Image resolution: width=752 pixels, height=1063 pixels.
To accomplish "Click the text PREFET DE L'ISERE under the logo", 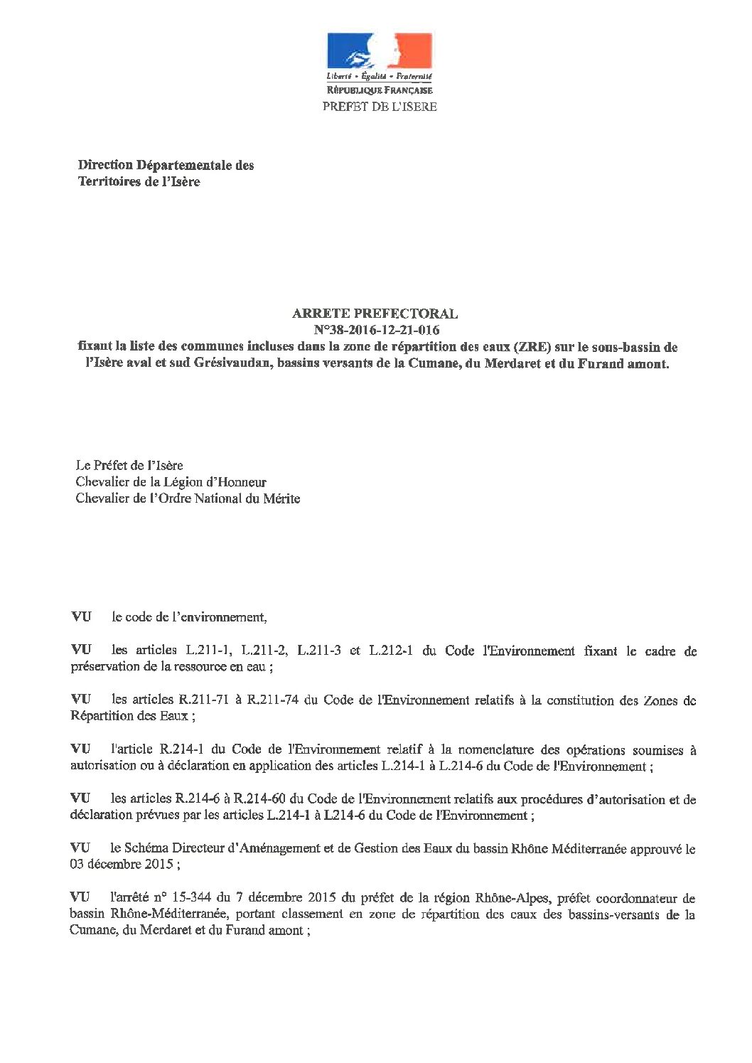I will click(x=380, y=107).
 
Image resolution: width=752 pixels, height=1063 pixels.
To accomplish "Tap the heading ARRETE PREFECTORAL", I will click(x=375, y=313).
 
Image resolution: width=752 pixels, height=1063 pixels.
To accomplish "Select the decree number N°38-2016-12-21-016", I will click(x=377, y=330).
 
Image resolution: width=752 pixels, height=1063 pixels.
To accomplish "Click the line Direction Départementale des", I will click(x=165, y=166).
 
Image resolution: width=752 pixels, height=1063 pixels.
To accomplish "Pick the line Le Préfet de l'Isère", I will click(x=129, y=466).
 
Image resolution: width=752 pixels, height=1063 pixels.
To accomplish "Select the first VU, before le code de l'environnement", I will click(x=80, y=617).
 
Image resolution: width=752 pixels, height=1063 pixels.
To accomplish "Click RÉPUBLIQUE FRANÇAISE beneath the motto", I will click(x=380, y=90).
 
